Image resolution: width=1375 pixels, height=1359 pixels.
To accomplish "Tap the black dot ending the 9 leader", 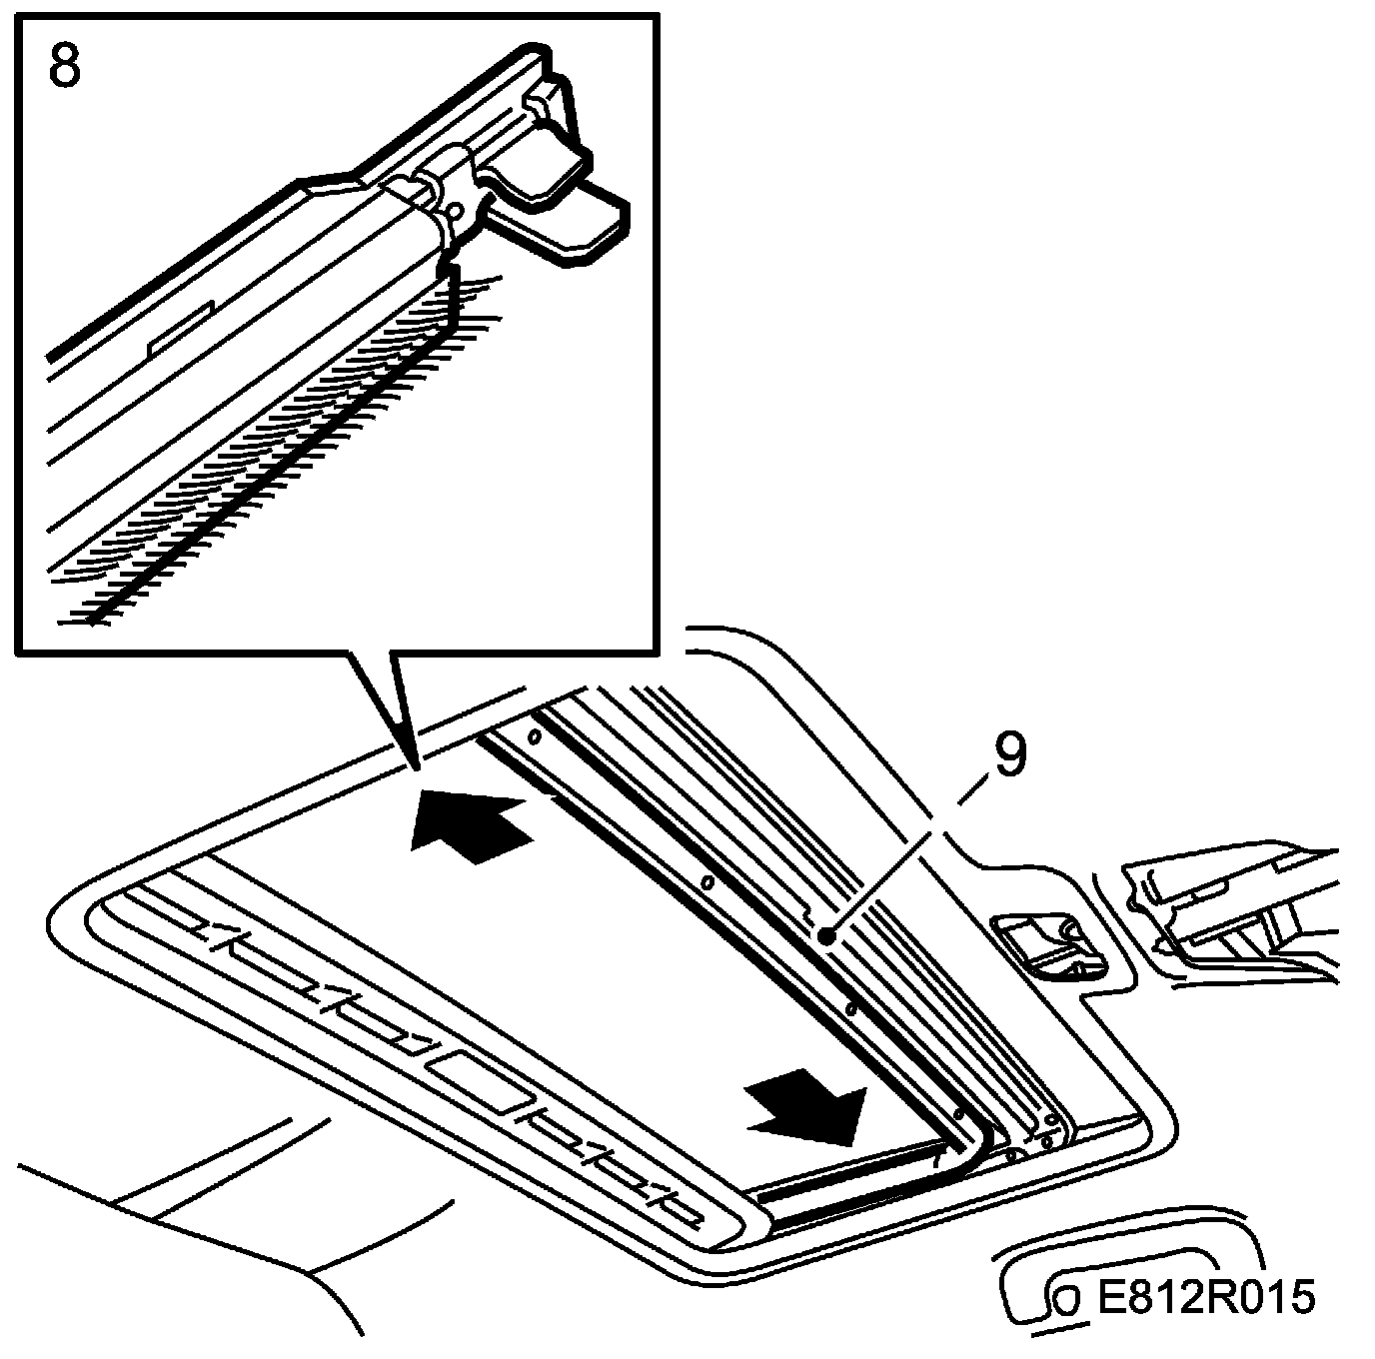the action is click(x=826, y=936).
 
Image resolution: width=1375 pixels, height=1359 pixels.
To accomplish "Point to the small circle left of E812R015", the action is click(x=1066, y=1301).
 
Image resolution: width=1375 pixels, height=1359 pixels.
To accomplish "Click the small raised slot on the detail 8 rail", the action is click(x=180, y=328).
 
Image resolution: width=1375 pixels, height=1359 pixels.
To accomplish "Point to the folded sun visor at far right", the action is click(x=1239, y=904).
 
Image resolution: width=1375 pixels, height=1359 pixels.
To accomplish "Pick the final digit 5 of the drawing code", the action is click(x=1301, y=1298).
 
